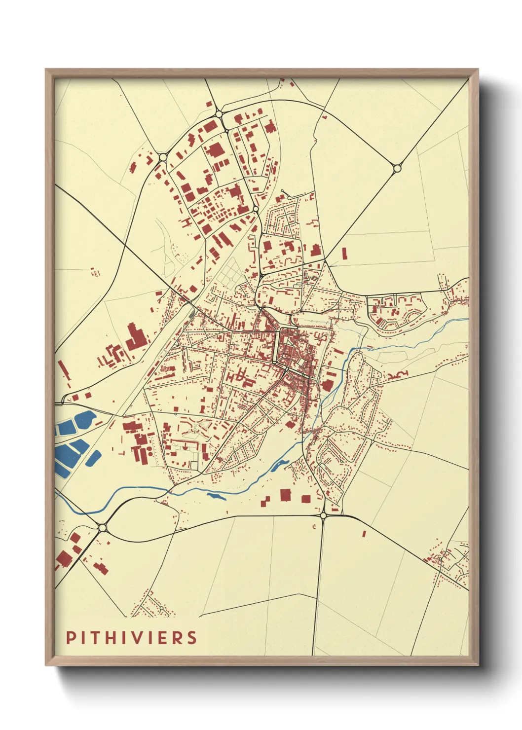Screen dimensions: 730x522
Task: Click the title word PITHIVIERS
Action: point(132,637)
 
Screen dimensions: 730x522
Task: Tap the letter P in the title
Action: point(71,637)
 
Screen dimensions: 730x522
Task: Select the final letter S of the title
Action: point(192,637)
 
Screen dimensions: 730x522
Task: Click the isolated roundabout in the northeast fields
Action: point(397,168)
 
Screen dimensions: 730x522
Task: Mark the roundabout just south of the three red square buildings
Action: point(323,515)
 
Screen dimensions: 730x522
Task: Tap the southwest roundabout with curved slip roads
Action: point(102,528)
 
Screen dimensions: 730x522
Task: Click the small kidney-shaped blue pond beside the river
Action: point(278,465)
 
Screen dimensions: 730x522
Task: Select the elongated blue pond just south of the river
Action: point(217,495)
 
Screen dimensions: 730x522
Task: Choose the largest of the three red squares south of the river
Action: point(285,495)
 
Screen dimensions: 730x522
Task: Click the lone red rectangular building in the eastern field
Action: point(344,254)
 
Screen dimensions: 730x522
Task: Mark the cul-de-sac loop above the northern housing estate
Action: point(282,191)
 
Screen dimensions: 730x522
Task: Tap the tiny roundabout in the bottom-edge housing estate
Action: point(161,609)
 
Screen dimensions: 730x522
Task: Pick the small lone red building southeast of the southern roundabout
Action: point(364,533)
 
